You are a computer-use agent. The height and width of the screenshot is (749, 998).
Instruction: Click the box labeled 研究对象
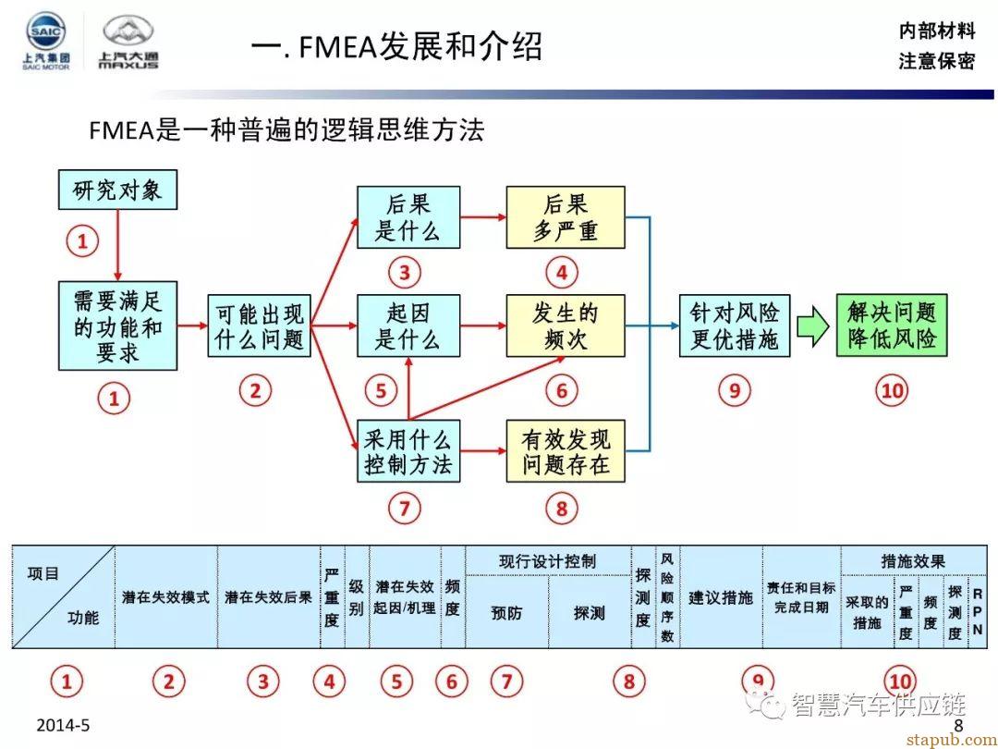click(117, 190)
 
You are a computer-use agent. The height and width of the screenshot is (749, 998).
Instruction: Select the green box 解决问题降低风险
click(891, 325)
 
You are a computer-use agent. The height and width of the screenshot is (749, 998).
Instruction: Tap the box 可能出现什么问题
click(259, 325)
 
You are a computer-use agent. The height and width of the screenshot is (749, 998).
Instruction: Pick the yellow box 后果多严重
click(566, 217)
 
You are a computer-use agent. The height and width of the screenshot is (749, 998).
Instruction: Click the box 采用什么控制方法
click(408, 451)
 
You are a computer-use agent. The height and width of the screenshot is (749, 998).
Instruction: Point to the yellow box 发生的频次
click(566, 325)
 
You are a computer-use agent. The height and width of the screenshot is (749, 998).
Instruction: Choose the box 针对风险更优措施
click(735, 325)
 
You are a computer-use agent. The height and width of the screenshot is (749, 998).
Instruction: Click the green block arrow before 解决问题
click(813, 326)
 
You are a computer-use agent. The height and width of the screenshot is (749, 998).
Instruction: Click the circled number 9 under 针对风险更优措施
click(735, 390)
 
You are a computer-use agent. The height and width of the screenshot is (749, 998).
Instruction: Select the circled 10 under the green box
click(892, 390)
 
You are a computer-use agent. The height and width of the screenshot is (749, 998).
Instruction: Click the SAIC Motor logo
click(45, 42)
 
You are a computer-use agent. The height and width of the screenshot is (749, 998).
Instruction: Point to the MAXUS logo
click(128, 43)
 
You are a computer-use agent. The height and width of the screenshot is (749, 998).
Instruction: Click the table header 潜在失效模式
click(165, 597)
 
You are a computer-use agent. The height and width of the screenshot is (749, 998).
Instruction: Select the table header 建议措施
click(721, 597)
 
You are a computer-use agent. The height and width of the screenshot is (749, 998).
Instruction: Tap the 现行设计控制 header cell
click(548, 561)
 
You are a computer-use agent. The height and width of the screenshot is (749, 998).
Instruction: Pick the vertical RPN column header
click(977, 611)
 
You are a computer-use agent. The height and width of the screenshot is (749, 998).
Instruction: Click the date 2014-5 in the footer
click(63, 725)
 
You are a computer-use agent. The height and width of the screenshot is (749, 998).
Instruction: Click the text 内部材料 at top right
click(936, 30)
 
